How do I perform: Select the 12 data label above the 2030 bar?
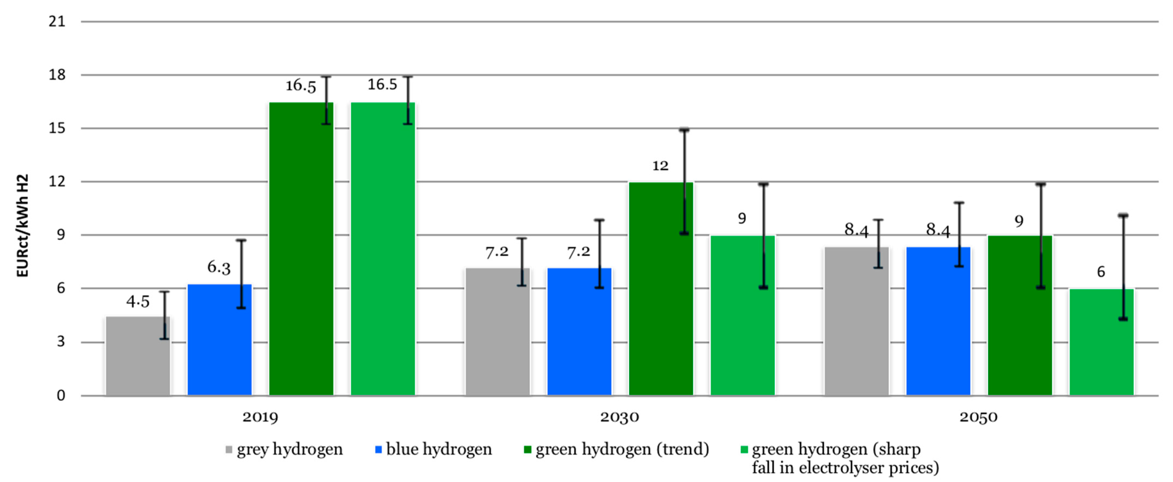pos(660,166)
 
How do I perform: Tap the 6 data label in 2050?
pos(1101,272)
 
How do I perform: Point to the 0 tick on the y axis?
pos(61,395)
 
